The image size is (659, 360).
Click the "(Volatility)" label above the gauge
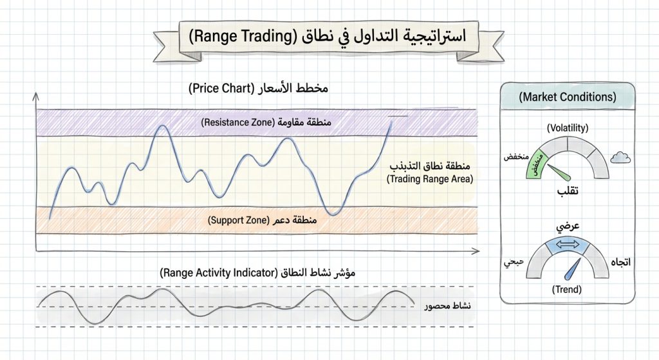567,129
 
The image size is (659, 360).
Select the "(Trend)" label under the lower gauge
566,290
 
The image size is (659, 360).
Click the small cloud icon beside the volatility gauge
620,156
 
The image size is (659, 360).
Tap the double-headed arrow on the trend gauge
567,243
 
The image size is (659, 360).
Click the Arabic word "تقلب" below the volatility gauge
567,191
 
